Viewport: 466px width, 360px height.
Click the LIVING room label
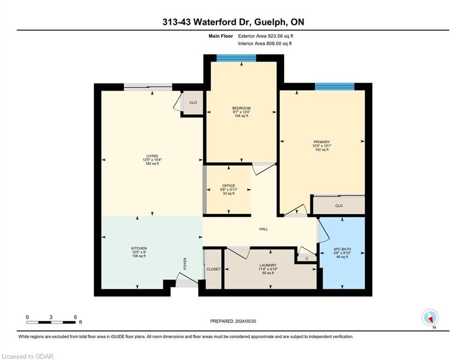152,156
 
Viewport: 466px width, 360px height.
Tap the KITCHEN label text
139,248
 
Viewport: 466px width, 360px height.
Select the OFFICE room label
229,186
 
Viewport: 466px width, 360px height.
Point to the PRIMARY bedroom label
322,142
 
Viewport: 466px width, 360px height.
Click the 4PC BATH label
342,249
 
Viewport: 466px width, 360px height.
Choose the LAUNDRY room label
268,265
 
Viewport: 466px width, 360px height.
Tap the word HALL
263,229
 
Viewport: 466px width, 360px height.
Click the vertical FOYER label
185,263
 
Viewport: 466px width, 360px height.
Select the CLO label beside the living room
193,103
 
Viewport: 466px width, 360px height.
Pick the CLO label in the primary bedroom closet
339,206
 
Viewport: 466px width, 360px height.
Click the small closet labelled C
307,259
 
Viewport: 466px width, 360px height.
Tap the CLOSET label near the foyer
214,269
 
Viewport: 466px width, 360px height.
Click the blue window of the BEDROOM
236,58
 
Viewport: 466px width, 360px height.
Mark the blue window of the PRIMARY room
335,87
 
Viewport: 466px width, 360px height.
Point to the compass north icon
430,317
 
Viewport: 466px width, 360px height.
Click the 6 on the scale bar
75,317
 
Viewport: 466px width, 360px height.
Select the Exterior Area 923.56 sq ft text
266,36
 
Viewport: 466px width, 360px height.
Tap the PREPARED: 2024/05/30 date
233,321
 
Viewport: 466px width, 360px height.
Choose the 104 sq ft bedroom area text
241,116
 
